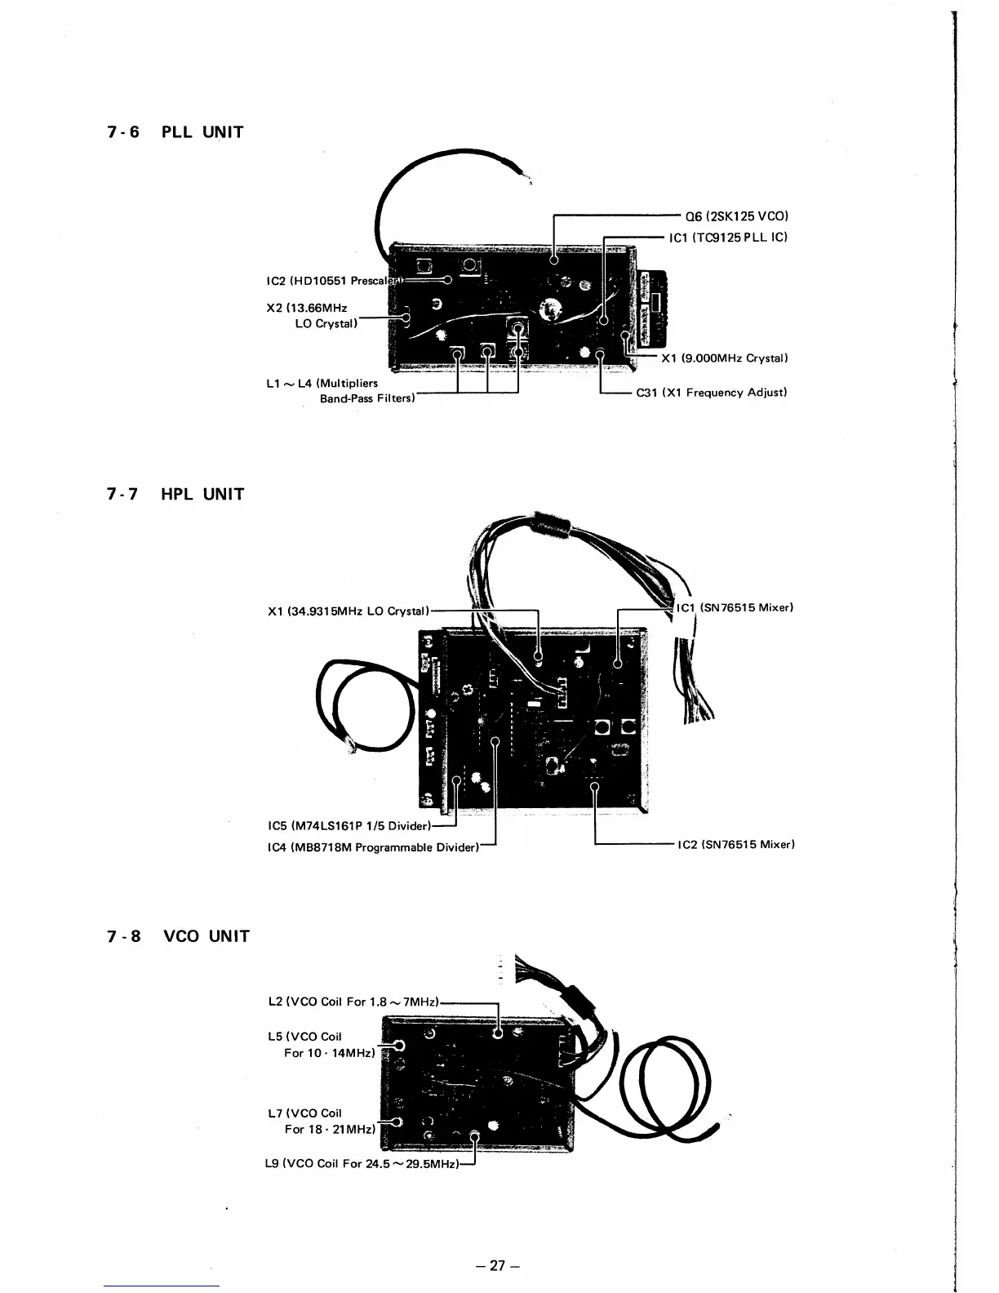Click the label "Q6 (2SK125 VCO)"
click(x=737, y=216)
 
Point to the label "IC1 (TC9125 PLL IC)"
click(x=727, y=238)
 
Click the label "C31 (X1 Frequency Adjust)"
click(x=711, y=393)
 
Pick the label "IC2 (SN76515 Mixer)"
click(x=735, y=844)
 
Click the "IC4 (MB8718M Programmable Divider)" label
click(x=371, y=847)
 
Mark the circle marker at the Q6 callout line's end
click(x=554, y=260)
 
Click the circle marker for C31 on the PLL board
click(x=601, y=354)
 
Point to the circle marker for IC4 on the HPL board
click(x=496, y=741)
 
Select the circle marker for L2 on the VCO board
click(x=498, y=1034)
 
